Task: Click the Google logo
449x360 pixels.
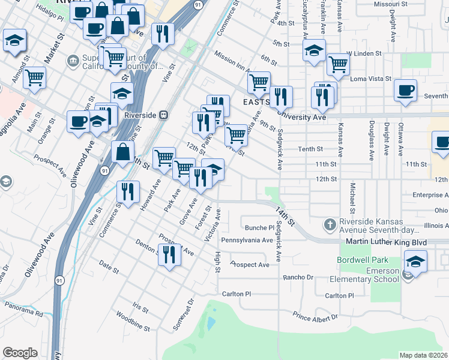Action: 20,353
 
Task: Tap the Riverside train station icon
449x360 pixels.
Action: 163,115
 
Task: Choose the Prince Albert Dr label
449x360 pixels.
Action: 315,316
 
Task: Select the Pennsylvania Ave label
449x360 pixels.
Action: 247,240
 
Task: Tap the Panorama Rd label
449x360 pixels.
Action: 22,313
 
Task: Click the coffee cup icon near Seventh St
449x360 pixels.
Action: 405,90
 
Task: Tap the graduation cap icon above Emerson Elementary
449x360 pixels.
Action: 415,262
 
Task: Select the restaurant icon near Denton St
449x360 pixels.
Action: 170,254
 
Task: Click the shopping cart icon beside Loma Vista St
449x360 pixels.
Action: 339,64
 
